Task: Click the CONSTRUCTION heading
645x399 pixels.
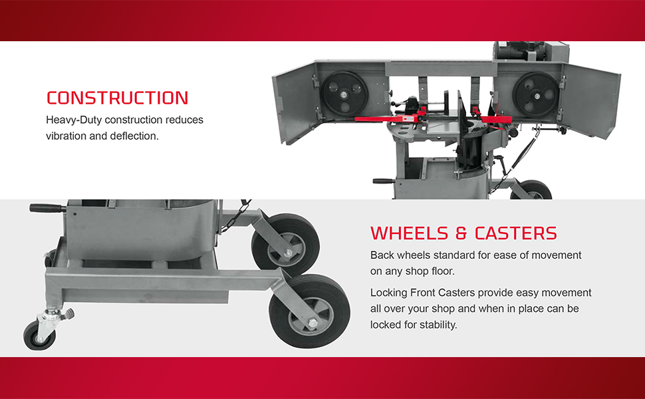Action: tap(117, 98)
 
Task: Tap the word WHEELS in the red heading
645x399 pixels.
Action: tap(409, 233)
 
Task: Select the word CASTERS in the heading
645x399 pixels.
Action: tap(516, 233)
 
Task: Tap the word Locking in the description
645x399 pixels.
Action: tap(389, 293)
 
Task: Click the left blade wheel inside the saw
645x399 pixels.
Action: tap(344, 94)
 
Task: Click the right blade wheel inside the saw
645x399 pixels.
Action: tap(536, 94)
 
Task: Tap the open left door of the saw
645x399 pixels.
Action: tap(295, 103)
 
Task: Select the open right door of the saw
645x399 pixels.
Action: tap(592, 101)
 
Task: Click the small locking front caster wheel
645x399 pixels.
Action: tap(39, 336)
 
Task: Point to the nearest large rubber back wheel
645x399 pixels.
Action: tap(310, 311)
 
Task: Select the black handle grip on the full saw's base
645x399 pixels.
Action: tap(384, 181)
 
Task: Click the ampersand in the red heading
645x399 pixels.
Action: tap(461, 233)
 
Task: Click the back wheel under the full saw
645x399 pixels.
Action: tap(532, 190)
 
